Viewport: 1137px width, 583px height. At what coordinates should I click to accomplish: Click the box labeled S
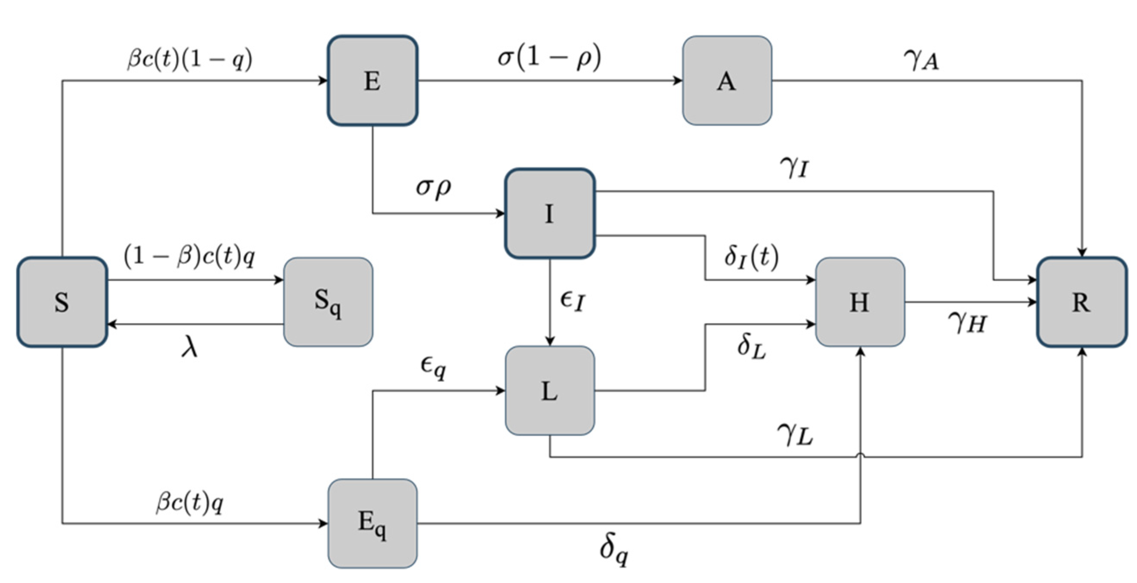pyautogui.click(x=62, y=302)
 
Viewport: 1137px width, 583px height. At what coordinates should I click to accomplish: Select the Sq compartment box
pyautogui.click(x=328, y=302)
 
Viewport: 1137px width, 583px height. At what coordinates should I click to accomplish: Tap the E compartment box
pyautogui.click(x=372, y=81)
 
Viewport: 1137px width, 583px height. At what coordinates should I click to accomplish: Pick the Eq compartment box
pyautogui.click(x=372, y=524)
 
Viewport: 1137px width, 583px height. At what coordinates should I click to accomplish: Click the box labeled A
pyautogui.click(x=727, y=81)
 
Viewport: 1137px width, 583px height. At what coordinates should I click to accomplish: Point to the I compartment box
pyautogui.click(x=549, y=214)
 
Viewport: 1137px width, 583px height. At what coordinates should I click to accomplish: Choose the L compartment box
pyautogui.click(x=549, y=391)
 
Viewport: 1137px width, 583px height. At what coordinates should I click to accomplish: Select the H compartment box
pyautogui.click(x=860, y=302)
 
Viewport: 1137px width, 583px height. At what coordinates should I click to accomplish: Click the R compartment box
pyautogui.click(x=1081, y=302)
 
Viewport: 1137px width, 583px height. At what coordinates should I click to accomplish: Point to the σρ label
pyautogui.click(x=434, y=188)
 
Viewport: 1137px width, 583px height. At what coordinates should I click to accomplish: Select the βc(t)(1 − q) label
pyautogui.click(x=190, y=59)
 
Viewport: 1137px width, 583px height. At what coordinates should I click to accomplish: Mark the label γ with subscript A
pyautogui.click(x=921, y=60)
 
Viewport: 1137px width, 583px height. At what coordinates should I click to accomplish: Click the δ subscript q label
pyautogui.click(x=614, y=550)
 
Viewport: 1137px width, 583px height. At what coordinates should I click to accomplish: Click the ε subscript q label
pyautogui.click(x=433, y=367)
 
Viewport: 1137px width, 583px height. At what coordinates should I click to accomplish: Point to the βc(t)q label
pyautogui.click(x=190, y=503)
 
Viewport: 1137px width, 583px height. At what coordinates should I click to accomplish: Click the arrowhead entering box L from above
pyautogui.click(x=549, y=341)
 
